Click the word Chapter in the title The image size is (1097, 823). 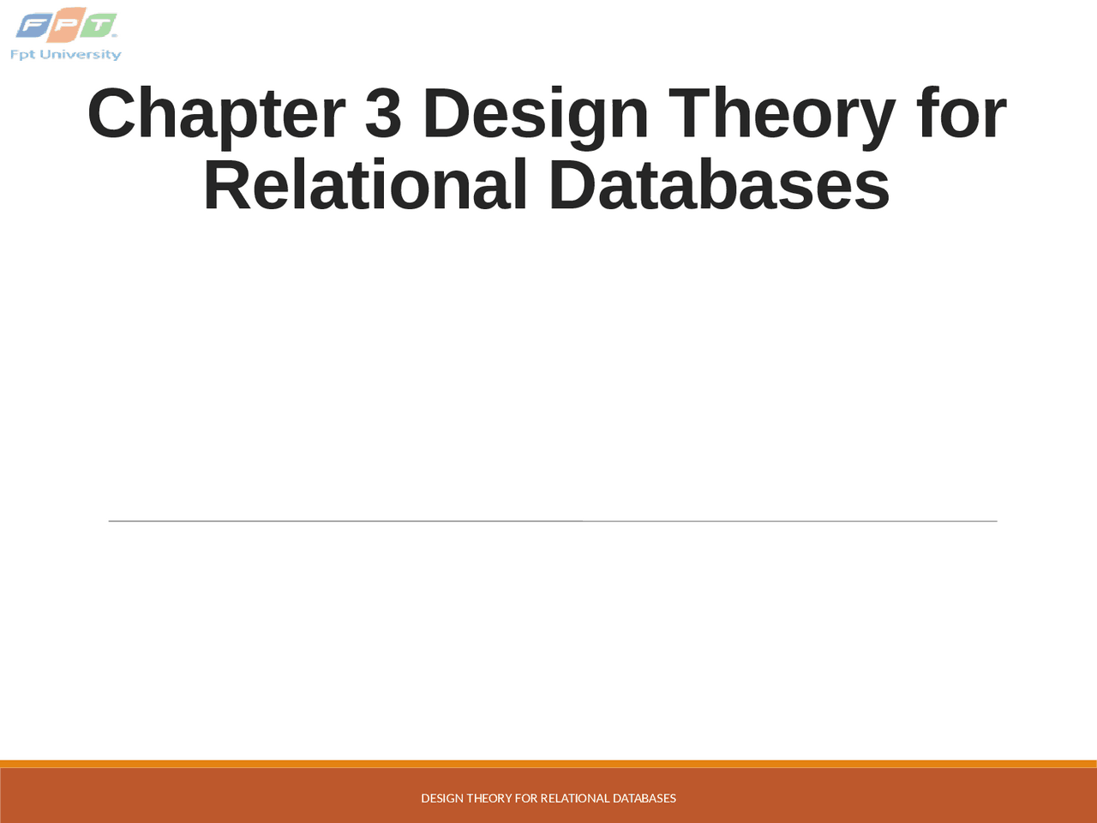click(x=216, y=114)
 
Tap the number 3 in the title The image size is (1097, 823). click(x=383, y=114)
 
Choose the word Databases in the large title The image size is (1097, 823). click(x=719, y=185)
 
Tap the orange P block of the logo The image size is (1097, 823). click(x=65, y=26)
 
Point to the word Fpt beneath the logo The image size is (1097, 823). click(x=22, y=55)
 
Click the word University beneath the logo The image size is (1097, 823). click(x=81, y=55)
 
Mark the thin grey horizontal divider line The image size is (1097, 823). click(x=552, y=520)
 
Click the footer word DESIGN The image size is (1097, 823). click(x=442, y=798)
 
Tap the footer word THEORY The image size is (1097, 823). click(x=489, y=798)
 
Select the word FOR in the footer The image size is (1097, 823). click(x=526, y=798)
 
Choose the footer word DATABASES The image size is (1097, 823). click(x=644, y=798)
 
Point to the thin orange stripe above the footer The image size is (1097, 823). click(x=548, y=764)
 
